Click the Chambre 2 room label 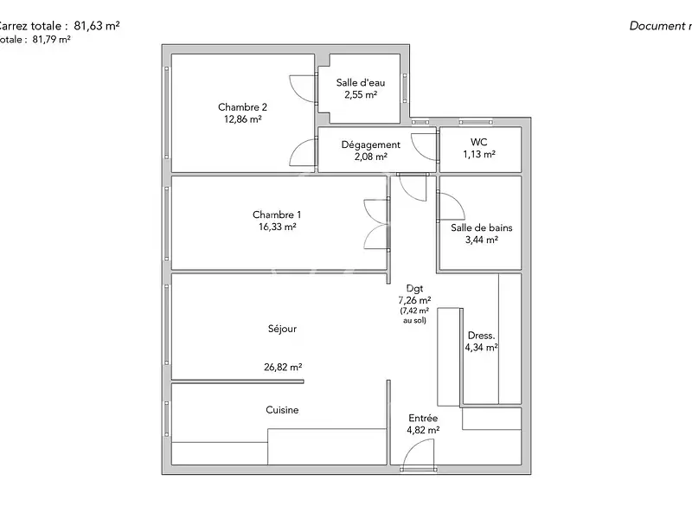pyautogui.click(x=242, y=107)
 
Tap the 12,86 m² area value pyautogui.click(x=242, y=120)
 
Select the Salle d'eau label pyautogui.click(x=360, y=82)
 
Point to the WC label pyautogui.click(x=478, y=142)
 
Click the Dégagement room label pyautogui.click(x=370, y=144)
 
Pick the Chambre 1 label pyautogui.click(x=277, y=215)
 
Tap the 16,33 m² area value pyautogui.click(x=277, y=227)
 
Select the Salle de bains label pyautogui.click(x=481, y=228)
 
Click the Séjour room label pyautogui.click(x=282, y=329)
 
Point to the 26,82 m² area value pyautogui.click(x=283, y=367)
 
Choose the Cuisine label pyautogui.click(x=282, y=410)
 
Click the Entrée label pyautogui.click(x=423, y=418)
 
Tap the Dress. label pyautogui.click(x=481, y=336)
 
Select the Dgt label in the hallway pyautogui.click(x=414, y=288)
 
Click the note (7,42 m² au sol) pyautogui.click(x=414, y=315)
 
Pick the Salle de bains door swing pyautogui.click(x=451, y=206)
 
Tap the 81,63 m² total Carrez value pyautogui.click(x=95, y=26)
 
